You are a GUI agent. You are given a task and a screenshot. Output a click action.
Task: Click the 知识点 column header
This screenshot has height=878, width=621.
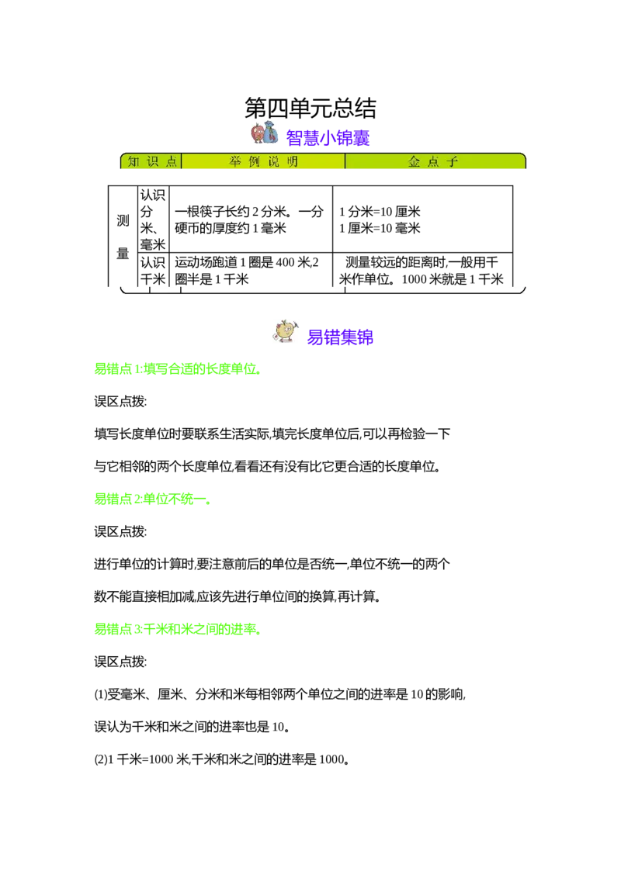[152, 161]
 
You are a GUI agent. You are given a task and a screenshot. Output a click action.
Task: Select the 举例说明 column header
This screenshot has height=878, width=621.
[263, 161]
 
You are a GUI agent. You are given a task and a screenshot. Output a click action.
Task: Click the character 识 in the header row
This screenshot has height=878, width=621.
[152, 161]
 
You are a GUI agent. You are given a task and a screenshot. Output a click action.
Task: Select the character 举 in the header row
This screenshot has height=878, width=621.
[234, 161]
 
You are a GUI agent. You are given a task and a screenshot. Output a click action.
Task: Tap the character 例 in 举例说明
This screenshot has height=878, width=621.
[254, 161]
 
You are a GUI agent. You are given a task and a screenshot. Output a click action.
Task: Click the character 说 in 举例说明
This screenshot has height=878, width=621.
[273, 161]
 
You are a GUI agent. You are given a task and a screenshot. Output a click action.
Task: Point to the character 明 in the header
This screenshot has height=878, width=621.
[292, 161]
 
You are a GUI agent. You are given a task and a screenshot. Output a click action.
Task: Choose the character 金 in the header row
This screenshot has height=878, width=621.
[415, 161]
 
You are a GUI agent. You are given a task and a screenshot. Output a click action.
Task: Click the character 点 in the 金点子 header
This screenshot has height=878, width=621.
[434, 161]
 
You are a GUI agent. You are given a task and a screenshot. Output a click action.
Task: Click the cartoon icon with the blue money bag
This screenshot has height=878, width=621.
[264, 133]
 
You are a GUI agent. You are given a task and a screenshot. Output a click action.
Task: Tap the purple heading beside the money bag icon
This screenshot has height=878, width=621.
[328, 138]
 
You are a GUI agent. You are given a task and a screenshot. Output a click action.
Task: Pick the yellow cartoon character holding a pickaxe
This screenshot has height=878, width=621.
[285, 331]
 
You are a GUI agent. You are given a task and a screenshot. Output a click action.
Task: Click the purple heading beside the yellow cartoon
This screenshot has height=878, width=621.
[340, 337]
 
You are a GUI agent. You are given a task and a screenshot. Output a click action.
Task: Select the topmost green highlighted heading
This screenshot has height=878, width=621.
[176, 369]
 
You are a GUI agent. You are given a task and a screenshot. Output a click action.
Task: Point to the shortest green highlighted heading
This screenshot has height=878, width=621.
[151, 499]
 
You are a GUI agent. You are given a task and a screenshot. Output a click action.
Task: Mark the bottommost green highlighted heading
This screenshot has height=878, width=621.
[176, 630]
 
